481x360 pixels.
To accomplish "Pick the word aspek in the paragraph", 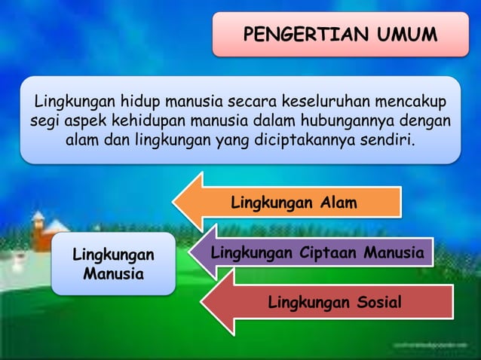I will (79, 121).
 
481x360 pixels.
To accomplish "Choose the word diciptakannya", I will (316, 140).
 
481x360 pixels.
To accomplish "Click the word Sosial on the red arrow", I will (375, 303).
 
